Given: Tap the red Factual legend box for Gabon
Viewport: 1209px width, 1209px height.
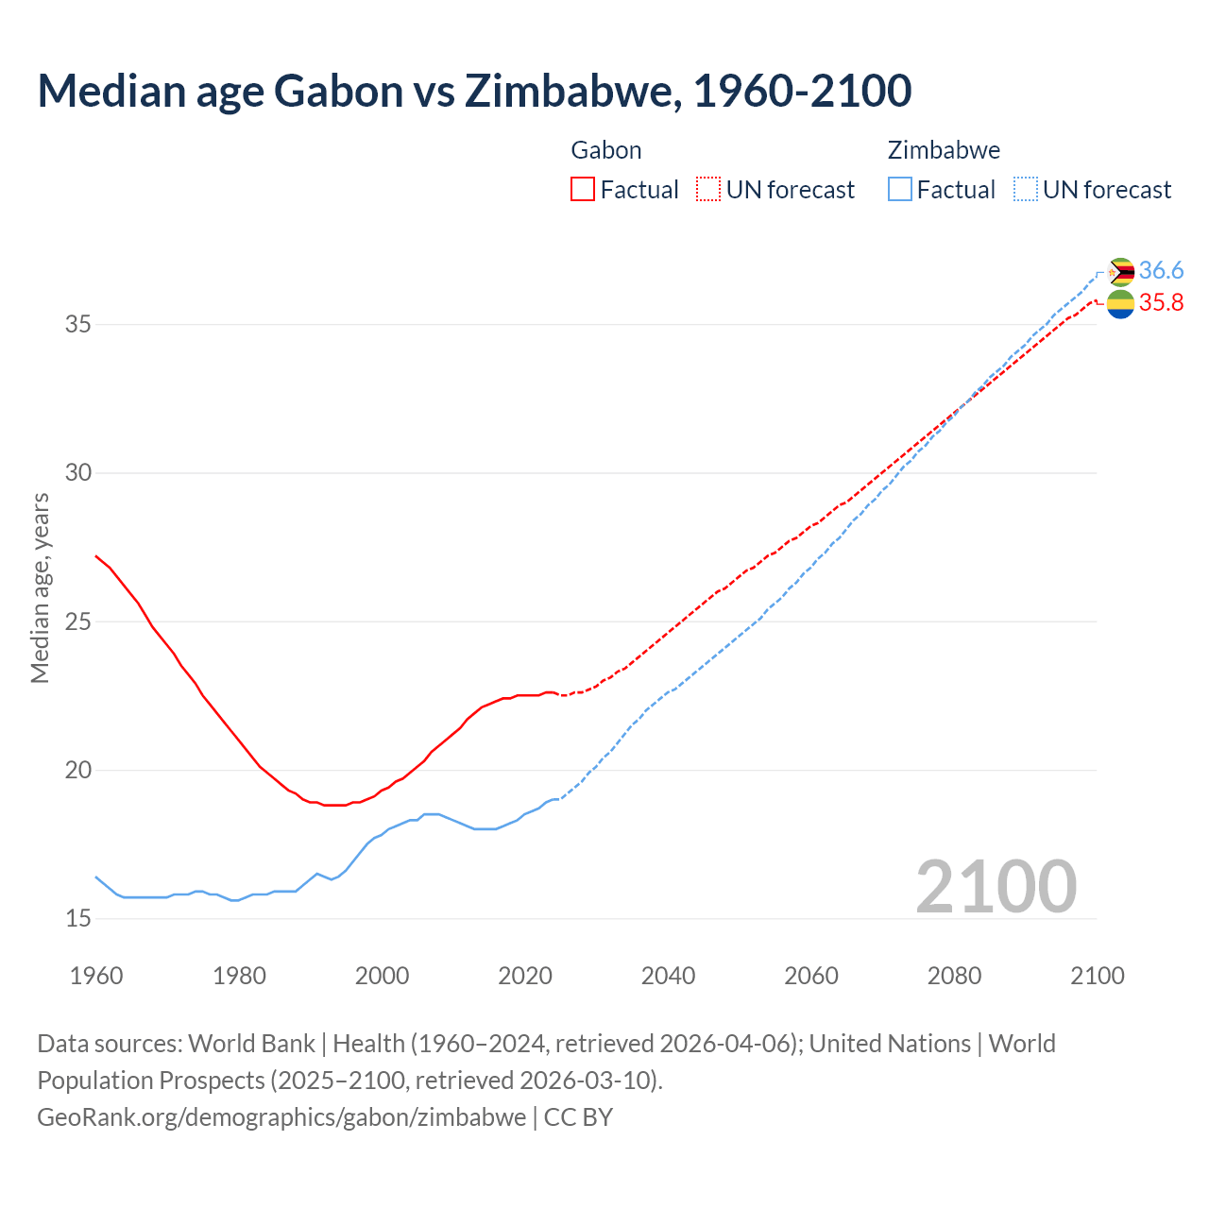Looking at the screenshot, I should click(x=583, y=189).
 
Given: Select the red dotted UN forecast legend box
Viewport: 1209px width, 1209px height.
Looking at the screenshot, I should click(x=708, y=189).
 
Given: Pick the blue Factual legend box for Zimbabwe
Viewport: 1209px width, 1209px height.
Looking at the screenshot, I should click(x=900, y=189).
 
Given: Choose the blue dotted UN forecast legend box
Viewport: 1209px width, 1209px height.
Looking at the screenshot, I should click(x=1026, y=189).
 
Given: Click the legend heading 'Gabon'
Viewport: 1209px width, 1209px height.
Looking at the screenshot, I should click(x=606, y=150).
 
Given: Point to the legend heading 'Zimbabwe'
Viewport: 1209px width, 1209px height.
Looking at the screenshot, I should click(x=944, y=150).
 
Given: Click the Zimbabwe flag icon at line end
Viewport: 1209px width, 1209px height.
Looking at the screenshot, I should click(x=1120, y=272).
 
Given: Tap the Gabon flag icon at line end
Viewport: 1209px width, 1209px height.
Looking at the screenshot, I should click(x=1120, y=304).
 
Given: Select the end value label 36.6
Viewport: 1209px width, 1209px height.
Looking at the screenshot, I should click(x=1161, y=271).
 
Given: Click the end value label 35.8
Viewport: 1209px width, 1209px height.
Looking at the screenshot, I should click(x=1161, y=303).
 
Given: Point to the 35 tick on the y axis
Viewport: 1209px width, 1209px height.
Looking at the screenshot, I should click(x=77, y=324).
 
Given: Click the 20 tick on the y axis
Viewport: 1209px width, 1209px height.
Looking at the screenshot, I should click(x=77, y=770).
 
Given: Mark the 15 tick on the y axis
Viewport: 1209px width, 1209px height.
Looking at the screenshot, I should click(x=77, y=918).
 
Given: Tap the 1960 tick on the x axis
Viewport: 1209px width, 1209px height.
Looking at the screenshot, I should click(x=96, y=976).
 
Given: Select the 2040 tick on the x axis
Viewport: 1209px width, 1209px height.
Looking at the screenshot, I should click(x=668, y=976).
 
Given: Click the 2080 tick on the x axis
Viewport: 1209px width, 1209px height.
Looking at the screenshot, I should click(x=954, y=976).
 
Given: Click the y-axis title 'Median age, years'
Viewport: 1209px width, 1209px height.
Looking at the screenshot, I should click(x=40, y=587).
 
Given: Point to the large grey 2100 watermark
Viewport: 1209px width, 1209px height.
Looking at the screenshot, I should click(x=996, y=886).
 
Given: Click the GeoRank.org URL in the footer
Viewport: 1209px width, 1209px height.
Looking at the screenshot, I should click(x=281, y=1117).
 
